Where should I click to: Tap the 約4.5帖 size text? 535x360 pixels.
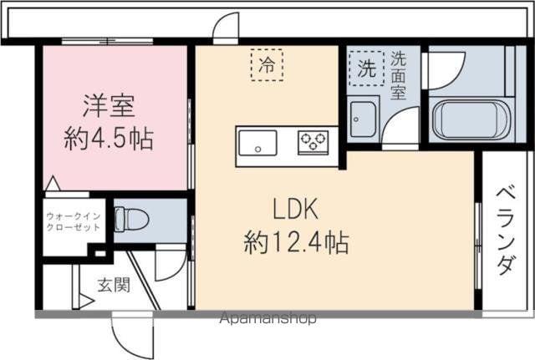[110, 138]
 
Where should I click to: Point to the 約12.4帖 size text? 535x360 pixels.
[296, 243]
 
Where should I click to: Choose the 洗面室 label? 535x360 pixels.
[399, 76]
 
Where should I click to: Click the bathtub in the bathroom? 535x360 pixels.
[468, 120]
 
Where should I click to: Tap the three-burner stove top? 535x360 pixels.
[315, 142]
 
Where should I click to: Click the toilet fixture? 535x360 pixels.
[131, 220]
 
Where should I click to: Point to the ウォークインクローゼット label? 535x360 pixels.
[74, 221]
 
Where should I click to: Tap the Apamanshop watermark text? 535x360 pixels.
[267, 318]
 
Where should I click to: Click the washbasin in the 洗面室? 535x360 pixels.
[364, 120]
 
